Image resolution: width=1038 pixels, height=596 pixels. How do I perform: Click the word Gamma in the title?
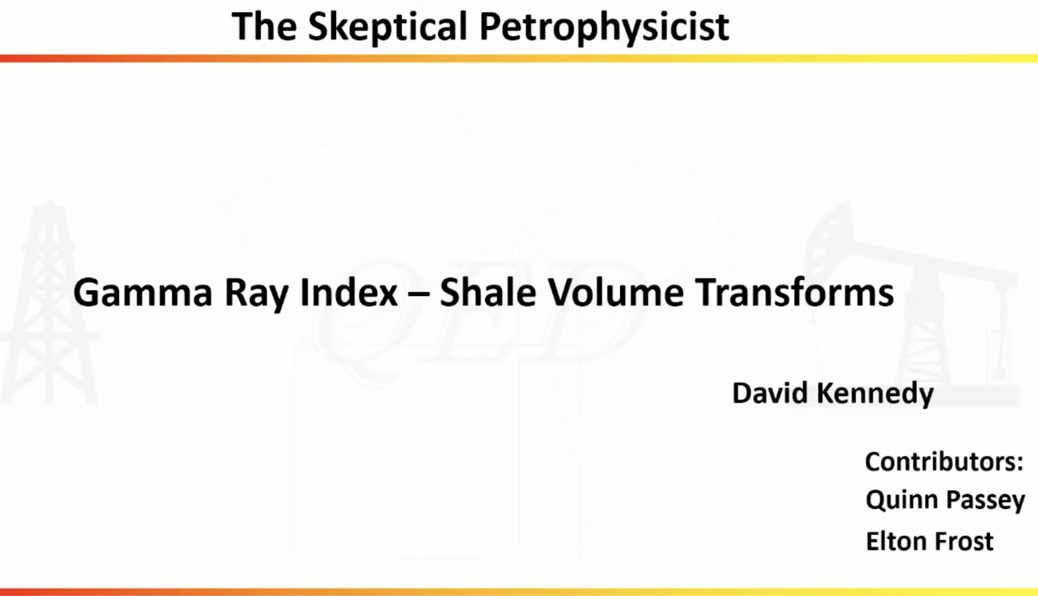142,292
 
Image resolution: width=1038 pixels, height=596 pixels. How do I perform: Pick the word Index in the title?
348,292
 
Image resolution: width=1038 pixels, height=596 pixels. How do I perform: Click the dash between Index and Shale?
419,293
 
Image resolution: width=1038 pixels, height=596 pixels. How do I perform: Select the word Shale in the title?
488,292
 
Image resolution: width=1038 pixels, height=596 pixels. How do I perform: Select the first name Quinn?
902,500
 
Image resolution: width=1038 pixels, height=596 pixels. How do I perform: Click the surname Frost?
963,541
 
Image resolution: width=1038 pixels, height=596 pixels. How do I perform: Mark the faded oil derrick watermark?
50,303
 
